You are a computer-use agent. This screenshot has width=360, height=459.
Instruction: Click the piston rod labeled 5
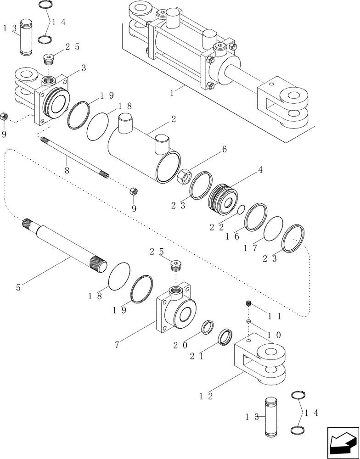(x=64, y=244)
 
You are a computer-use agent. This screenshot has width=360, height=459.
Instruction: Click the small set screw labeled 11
(x=247, y=303)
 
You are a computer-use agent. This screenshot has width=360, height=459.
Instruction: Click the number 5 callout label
(x=18, y=289)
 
